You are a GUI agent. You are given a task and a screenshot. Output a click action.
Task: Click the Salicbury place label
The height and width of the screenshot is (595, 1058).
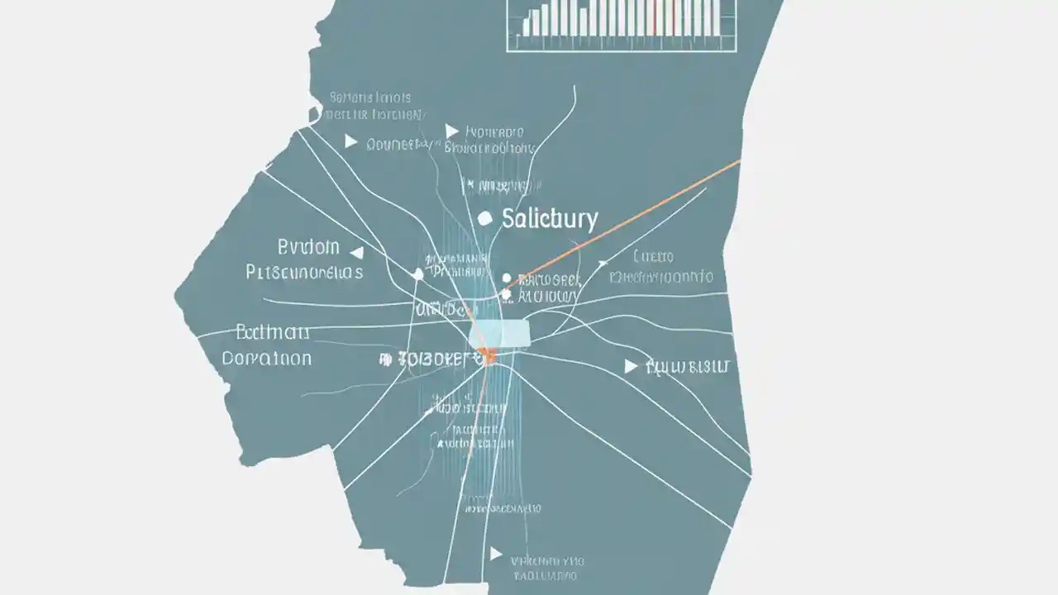[x=549, y=219]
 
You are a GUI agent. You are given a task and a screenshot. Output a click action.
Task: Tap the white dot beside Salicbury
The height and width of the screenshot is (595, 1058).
[x=485, y=218]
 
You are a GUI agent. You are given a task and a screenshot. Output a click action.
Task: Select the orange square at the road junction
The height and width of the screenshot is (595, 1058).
[x=488, y=357]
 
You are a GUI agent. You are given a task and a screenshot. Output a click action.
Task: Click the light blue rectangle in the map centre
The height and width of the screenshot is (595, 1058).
[x=499, y=334]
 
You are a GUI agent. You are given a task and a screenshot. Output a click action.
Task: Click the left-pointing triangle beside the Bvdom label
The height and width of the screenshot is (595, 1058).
[x=357, y=251]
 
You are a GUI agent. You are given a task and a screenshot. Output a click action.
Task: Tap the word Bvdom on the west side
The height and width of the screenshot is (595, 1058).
[x=308, y=247]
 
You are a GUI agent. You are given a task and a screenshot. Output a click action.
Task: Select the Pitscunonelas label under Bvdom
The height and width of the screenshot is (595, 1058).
[x=304, y=272]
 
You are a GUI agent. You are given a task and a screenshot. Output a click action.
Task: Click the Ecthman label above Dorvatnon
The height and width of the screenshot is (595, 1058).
[x=273, y=333]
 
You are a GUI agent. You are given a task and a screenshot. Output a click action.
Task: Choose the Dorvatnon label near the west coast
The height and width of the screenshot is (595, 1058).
[x=267, y=359]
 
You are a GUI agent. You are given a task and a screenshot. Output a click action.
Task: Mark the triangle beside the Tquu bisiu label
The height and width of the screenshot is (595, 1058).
[x=631, y=366]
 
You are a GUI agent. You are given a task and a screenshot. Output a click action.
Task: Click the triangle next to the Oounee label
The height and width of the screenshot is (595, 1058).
[x=350, y=142]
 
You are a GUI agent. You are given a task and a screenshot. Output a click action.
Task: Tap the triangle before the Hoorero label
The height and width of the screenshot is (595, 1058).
[x=451, y=131]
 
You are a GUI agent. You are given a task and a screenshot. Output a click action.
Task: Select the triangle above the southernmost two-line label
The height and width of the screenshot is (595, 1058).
[x=495, y=553]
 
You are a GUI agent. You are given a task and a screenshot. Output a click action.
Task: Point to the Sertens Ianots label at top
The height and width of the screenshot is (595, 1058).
[x=370, y=97]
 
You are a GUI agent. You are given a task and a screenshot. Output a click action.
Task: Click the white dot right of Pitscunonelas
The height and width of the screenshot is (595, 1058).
[x=418, y=274]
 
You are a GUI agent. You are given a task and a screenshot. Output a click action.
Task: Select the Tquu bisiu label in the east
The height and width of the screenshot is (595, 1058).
[x=691, y=366]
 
